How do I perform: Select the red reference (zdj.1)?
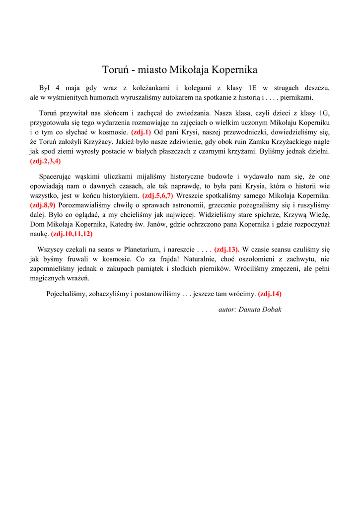(x=141, y=132)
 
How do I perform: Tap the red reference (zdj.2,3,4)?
(x=46, y=161)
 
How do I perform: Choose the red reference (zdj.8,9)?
(x=43, y=205)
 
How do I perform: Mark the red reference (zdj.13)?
(x=227, y=250)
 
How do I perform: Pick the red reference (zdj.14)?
(x=270, y=294)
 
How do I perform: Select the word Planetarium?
(x=142, y=250)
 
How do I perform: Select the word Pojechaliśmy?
(x=66, y=294)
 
